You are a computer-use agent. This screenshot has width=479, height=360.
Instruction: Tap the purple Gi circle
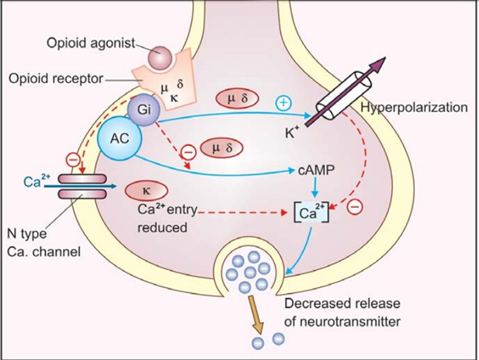[144, 110]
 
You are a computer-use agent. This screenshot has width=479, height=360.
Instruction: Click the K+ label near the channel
[293, 133]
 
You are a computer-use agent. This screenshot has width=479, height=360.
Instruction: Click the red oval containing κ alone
[144, 189]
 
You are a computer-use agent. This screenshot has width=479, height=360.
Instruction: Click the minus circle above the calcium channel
[72, 160]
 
